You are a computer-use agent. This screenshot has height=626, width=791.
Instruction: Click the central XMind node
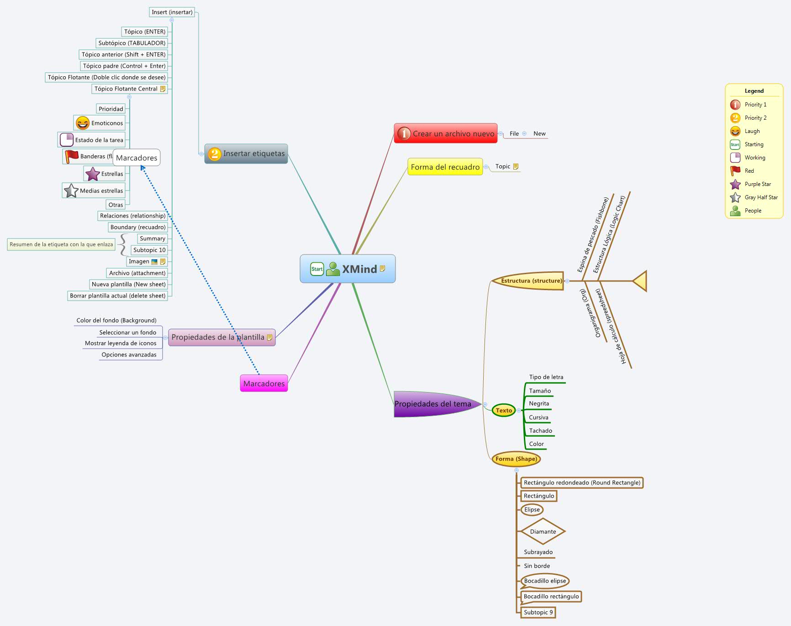click(348, 269)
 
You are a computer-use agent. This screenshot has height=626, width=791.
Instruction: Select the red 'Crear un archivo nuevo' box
click(445, 133)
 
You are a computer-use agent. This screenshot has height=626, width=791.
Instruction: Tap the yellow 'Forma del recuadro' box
click(445, 167)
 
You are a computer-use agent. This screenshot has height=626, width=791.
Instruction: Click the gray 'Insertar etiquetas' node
click(246, 154)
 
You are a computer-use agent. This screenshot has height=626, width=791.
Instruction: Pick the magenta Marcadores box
click(264, 383)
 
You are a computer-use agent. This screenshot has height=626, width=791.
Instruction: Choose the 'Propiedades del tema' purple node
click(432, 404)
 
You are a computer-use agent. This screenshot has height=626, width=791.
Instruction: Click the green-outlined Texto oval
click(504, 410)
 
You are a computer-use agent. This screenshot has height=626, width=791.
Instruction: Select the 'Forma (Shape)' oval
click(516, 459)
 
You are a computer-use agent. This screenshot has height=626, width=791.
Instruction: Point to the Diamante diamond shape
click(543, 531)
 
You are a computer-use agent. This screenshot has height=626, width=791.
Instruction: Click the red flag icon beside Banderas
click(71, 156)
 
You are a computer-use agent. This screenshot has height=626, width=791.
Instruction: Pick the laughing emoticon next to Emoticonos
click(82, 123)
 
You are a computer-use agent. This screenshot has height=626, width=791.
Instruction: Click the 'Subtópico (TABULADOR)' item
click(132, 43)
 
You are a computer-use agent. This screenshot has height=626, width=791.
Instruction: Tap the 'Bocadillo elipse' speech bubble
click(545, 581)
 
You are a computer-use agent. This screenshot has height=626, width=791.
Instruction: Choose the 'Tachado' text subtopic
click(540, 430)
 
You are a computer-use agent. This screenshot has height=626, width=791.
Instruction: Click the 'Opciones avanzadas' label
click(129, 355)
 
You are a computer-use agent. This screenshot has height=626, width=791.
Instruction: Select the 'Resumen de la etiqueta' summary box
click(61, 244)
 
